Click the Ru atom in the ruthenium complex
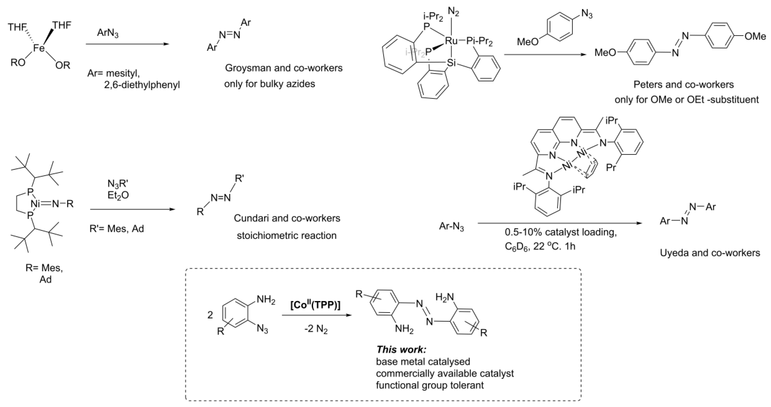[x=451, y=41]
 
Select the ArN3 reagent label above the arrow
[x=107, y=34]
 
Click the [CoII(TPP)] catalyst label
[x=315, y=305]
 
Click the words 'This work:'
[x=401, y=350]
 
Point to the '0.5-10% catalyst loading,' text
[x=561, y=232]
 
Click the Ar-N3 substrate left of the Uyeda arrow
[x=451, y=227]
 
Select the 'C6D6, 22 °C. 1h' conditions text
[x=540, y=246]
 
